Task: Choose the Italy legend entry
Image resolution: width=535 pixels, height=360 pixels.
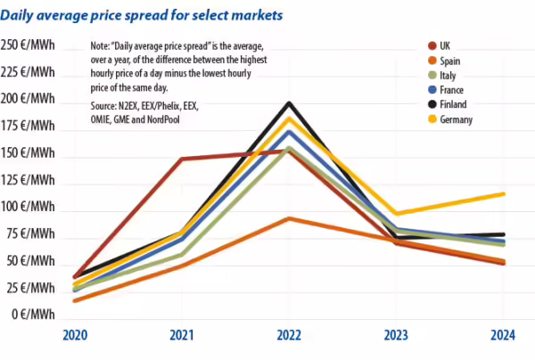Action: [x=448, y=75]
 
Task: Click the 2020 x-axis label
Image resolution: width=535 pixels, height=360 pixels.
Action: [x=74, y=335]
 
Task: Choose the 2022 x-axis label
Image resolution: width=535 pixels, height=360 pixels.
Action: [x=287, y=335]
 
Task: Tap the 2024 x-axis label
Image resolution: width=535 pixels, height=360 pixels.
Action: [x=503, y=335]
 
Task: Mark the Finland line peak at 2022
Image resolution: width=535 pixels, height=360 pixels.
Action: [x=287, y=102]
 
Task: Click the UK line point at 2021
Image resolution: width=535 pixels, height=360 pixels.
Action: [x=181, y=160]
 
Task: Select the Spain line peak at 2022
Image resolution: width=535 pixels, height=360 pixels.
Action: [x=287, y=218]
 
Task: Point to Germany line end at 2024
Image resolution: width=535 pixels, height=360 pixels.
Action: [x=504, y=193]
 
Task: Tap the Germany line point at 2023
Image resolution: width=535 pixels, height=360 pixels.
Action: [x=396, y=213]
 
